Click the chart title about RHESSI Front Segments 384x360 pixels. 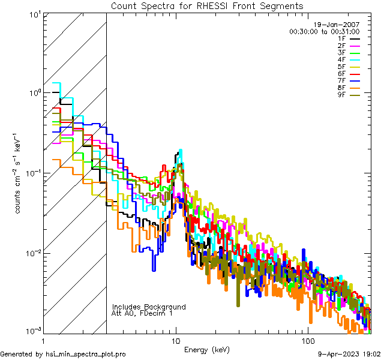click(207, 5)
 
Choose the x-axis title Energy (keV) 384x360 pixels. click(207, 350)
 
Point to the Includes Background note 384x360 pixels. click(149, 307)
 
